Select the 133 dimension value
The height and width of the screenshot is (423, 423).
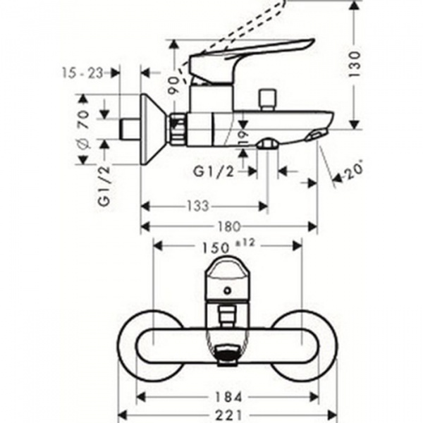point(200,206)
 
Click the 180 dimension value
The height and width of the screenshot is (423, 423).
point(230,226)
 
